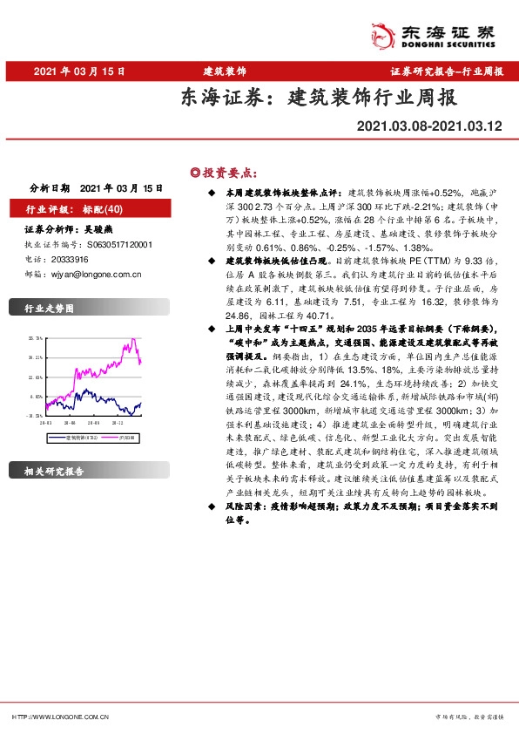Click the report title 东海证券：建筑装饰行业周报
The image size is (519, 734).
coord(319,98)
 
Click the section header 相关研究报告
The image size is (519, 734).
coord(55,472)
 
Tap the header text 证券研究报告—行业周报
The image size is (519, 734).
coord(447,71)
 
